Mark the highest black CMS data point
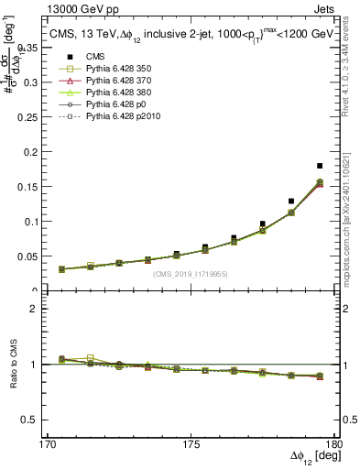tap(320, 166)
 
